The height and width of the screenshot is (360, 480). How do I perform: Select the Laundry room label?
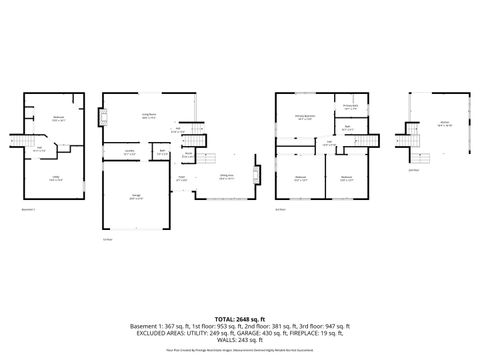(x=129, y=152)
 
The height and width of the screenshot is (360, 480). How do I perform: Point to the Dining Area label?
(x=227, y=176)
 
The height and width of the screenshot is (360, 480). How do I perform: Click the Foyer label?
(x=182, y=178)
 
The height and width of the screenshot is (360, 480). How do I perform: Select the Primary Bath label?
(x=351, y=106)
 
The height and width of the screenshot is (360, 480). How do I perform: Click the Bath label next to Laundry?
(x=162, y=152)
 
